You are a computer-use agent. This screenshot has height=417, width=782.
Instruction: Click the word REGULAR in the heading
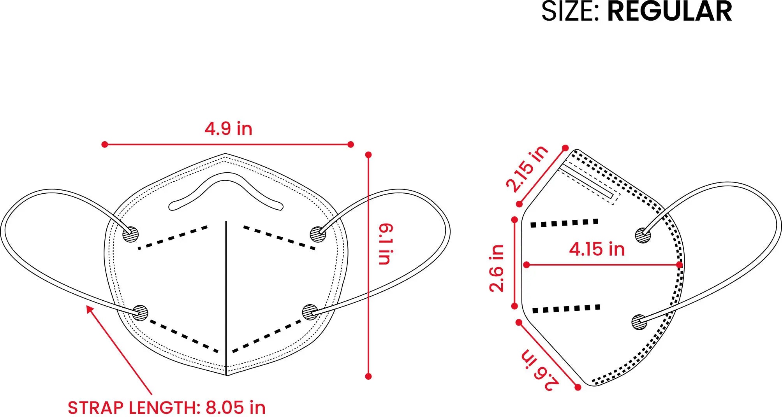669,11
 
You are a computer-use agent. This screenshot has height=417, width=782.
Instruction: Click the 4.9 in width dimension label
229,129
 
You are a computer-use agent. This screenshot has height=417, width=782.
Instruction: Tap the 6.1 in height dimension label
386,244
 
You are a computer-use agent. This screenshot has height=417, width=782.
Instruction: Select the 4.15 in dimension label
597,249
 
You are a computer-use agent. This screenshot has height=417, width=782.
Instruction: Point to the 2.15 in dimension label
527,168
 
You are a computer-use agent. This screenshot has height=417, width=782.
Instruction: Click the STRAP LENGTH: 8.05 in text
167,408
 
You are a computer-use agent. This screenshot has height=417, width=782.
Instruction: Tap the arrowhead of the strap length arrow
90,310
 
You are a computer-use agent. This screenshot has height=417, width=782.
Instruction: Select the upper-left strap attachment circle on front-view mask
130,235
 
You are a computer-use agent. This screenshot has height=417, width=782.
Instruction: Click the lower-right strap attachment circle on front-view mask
310,312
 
